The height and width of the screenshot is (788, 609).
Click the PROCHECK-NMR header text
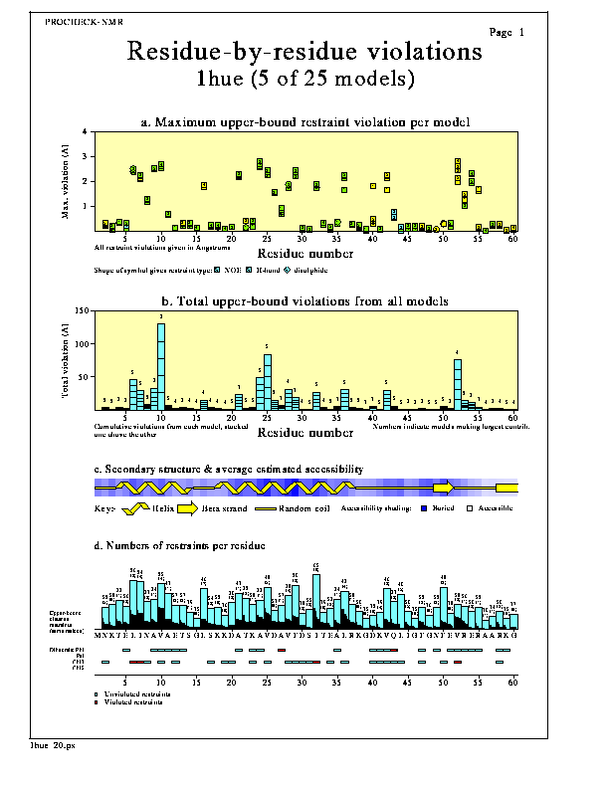click(x=85, y=21)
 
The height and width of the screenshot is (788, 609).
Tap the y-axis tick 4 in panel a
click(x=87, y=131)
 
